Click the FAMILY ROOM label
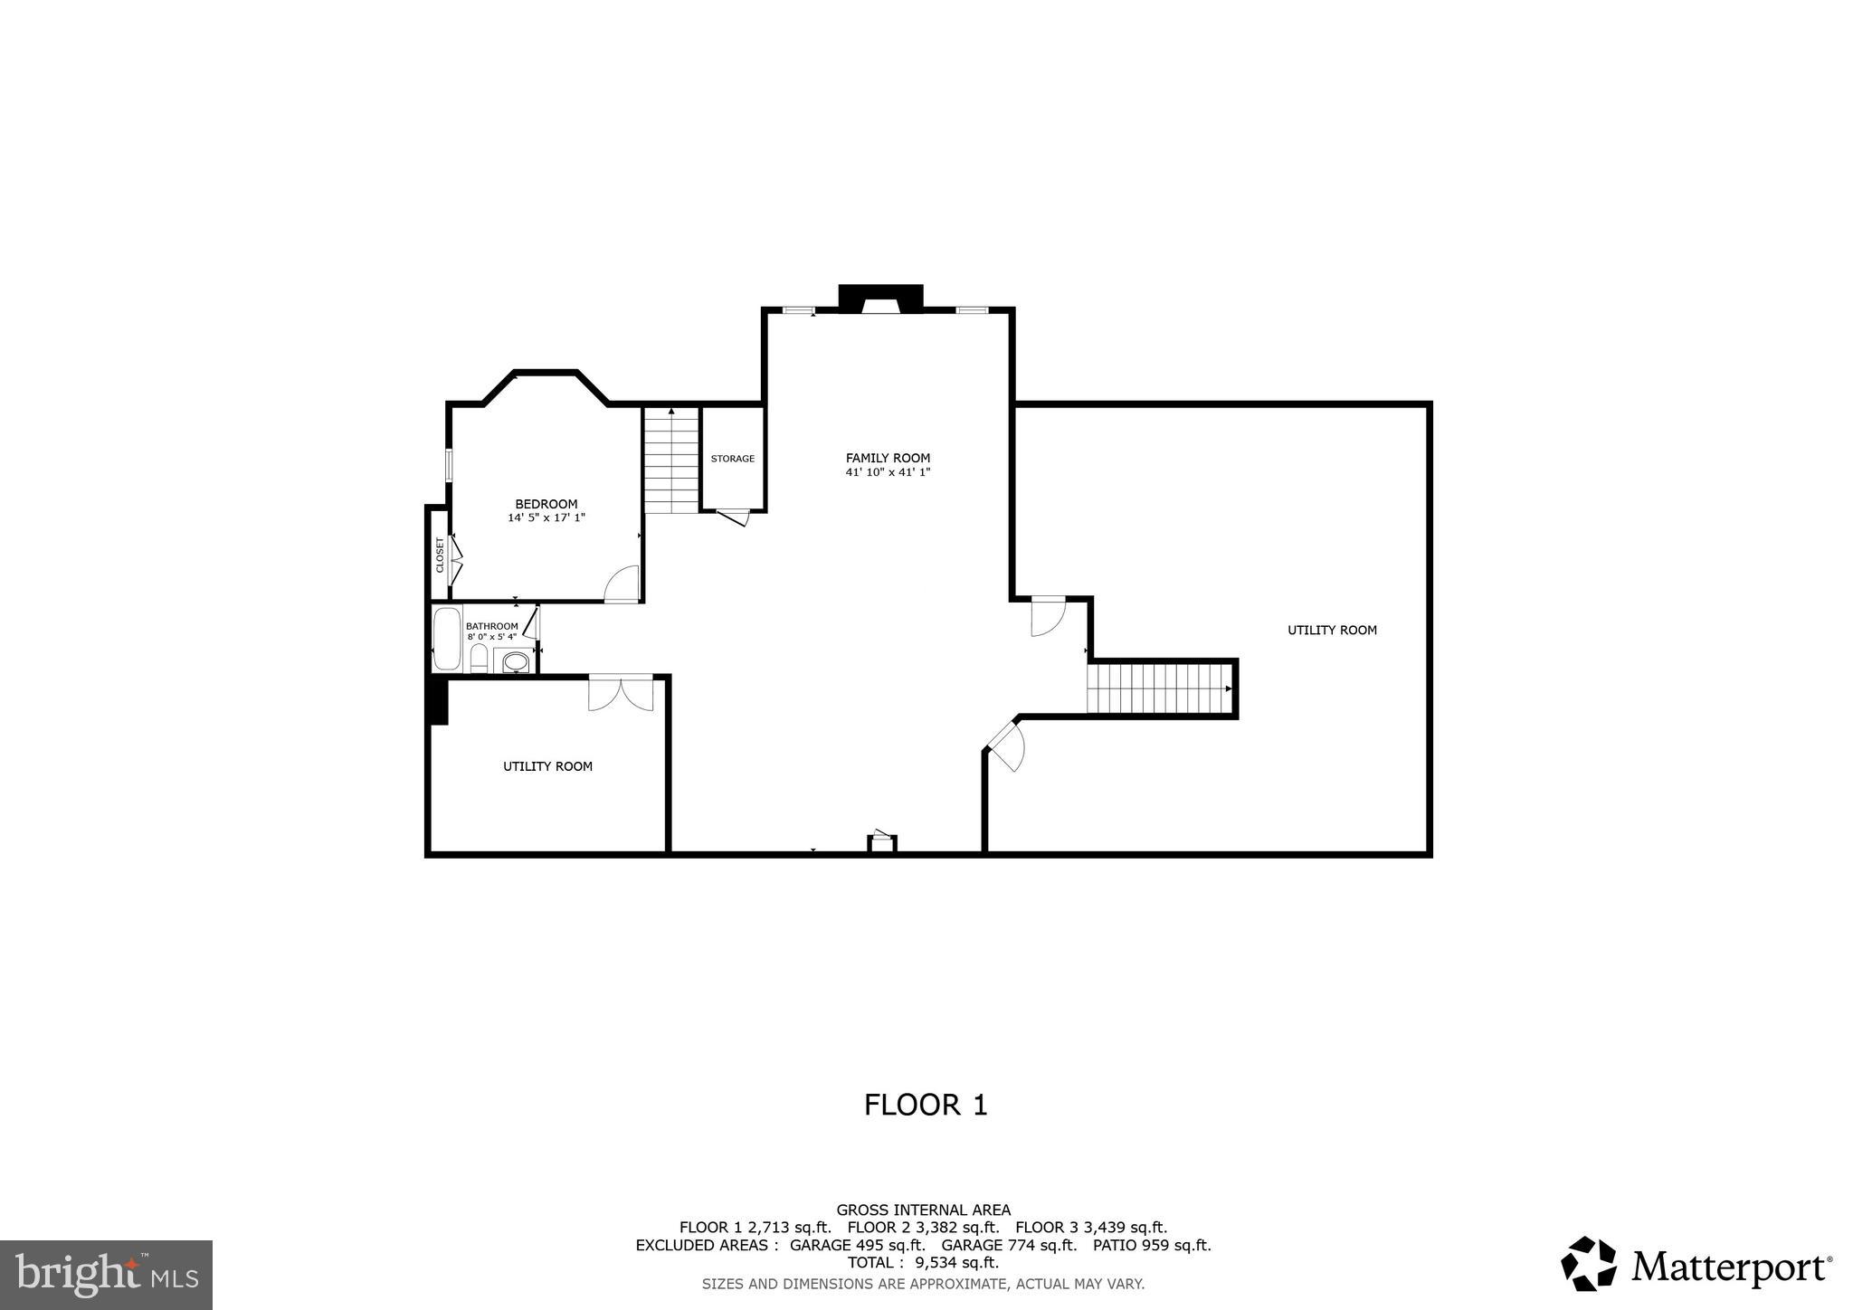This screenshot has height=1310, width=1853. click(x=888, y=458)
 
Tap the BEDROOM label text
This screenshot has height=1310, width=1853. click(x=546, y=504)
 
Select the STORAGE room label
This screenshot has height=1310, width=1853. click(x=732, y=459)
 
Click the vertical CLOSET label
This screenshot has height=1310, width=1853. click(x=440, y=555)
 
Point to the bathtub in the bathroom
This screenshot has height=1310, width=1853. click(x=446, y=639)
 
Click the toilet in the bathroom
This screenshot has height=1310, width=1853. click(x=479, y=659)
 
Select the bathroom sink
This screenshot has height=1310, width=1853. click(x=515, y=662)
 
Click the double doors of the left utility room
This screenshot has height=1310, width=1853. click(x=621, y=693)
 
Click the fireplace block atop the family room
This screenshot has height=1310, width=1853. click(x=880, y=298)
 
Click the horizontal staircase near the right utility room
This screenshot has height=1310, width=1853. click(x=1161, y=688)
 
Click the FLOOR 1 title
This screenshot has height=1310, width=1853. click(x=925, y=1105)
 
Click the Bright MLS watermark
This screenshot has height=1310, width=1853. click(x=106, y=1275)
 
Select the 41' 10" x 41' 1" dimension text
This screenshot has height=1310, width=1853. click(x=888, y=472)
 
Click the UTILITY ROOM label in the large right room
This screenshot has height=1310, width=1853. click(x=1332, y=630)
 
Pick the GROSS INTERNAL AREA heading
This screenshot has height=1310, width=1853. click(x=923, y=1210)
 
